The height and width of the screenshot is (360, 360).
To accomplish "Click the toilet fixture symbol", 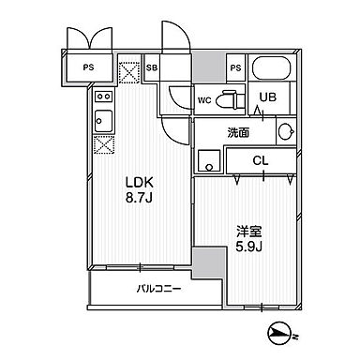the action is point(230,99).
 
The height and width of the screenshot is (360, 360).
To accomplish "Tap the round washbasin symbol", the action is point(286,132).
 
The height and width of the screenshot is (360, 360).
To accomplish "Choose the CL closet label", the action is point(262,159).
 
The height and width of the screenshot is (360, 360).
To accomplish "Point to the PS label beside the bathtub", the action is point(235,68).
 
